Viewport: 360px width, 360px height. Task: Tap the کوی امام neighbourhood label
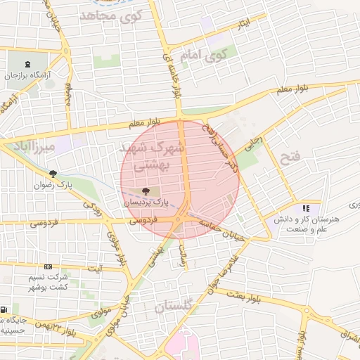[x=210, y=54]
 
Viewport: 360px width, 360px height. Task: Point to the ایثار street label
[x=243, y=24]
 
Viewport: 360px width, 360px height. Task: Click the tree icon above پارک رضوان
[x=53, y=174]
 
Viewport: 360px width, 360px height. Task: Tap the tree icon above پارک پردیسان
[x=146, y=191]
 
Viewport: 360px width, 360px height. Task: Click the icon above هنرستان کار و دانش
[x=306, y=208]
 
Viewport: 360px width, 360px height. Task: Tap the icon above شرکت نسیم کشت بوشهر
[x=48, y=267]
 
